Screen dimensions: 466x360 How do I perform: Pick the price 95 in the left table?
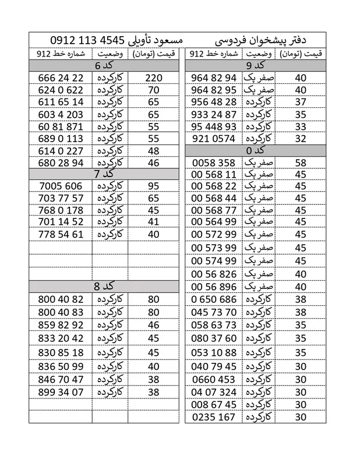pos(154,186)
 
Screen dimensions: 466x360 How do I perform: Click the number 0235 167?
pos(213,417)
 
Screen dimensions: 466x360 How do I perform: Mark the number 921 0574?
pos(213,139)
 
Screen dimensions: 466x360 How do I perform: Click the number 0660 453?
pos(213,379)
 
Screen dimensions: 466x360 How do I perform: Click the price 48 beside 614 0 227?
pos(154,151)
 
